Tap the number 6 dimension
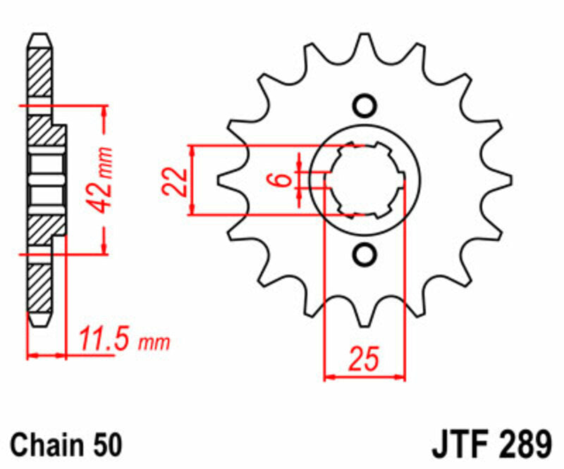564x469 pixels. [x=282, y=180]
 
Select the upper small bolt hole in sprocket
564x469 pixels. [x=364, y=106]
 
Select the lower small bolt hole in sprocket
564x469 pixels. [x=364, y=254]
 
